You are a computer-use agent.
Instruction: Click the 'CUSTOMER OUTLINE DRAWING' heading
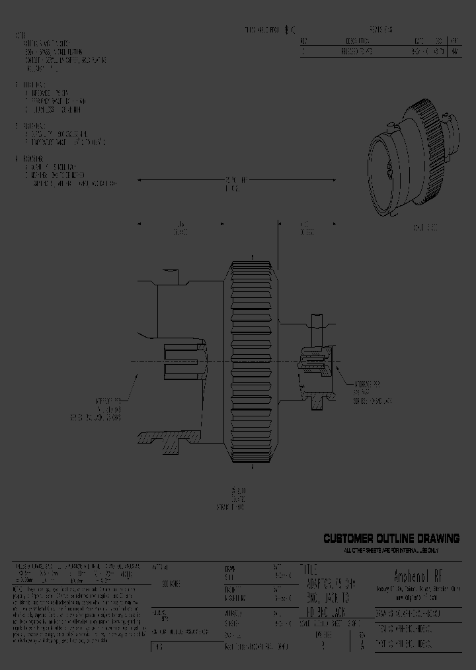click(391, 539)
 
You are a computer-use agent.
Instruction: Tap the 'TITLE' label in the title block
click(309, 569)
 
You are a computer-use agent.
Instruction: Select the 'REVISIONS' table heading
click(381, 30)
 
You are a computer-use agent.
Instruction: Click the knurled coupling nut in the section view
click(254, 361)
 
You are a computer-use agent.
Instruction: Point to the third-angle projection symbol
click(290, 30)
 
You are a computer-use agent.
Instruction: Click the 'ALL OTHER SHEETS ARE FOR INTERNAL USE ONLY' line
click(391, 550)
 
